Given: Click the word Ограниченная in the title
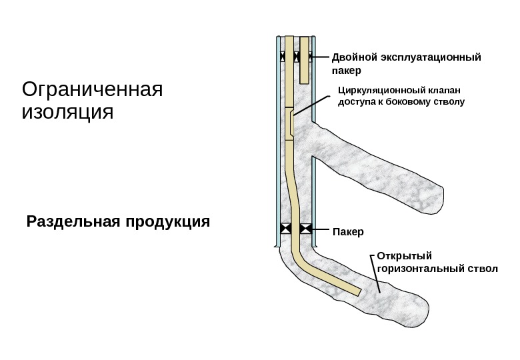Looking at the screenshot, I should click(x=93, y=89).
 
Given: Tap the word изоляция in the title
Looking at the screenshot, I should click(x=67, y=111).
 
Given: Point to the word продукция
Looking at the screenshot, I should click(x=167, y=221).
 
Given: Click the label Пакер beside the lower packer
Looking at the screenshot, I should click(x=348, y=233).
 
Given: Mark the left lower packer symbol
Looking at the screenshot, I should click(x=285, y=229).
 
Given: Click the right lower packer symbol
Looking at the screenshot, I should click(x=306, y=229).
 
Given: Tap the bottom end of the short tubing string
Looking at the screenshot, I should click(x=304, y=81).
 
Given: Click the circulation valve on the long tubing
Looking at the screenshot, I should click(x=291, y=124).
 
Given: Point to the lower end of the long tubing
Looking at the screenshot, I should click(x=357, y=291).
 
